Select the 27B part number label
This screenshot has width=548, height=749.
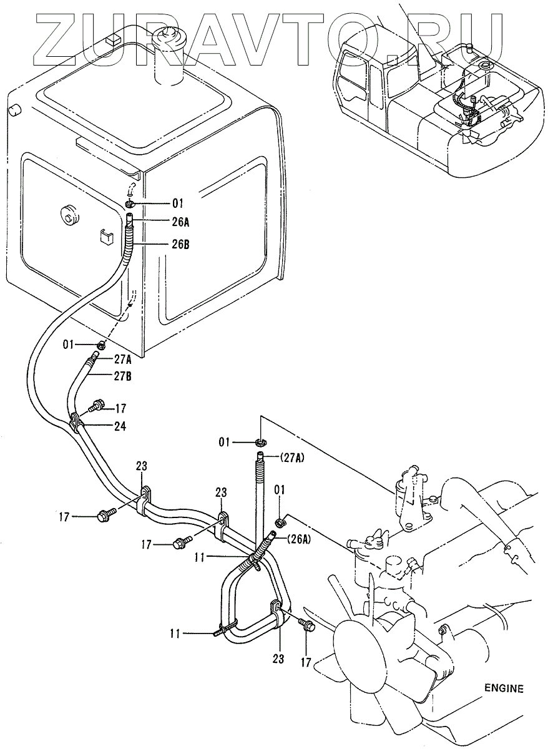coord(122,376)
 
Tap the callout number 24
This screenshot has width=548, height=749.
coord(120,427)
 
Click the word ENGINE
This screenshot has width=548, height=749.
coord(503,688)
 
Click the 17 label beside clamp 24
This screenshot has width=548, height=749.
coord(120,409)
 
